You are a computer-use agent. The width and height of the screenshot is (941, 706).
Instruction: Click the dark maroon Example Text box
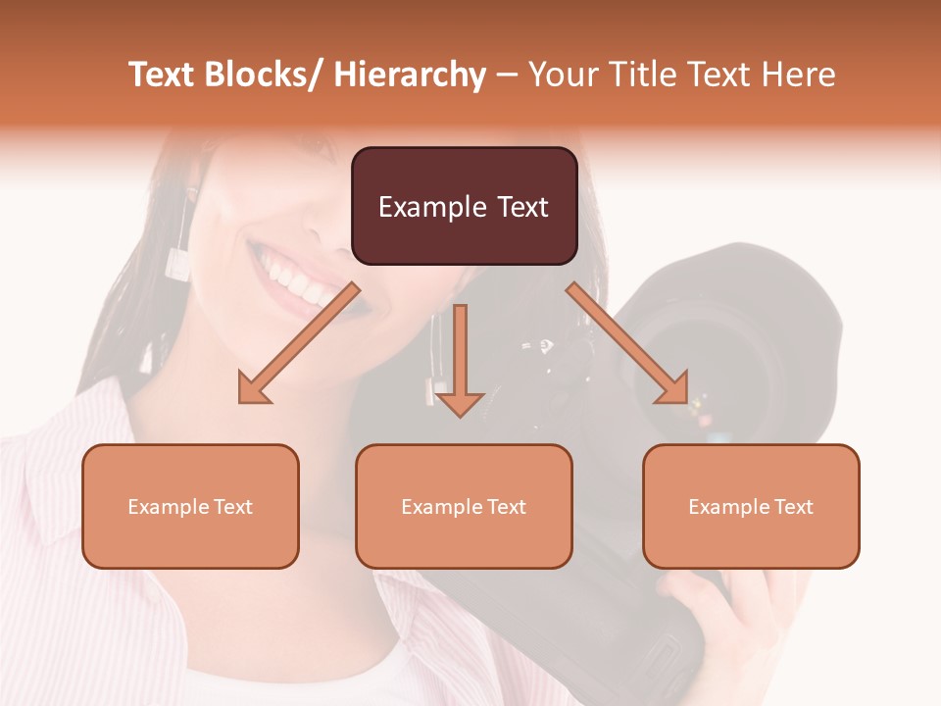pos(464,206)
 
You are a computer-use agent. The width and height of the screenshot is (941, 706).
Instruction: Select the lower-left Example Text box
pos(190,506)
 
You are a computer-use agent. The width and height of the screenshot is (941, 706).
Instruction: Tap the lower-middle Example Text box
pos(464,506)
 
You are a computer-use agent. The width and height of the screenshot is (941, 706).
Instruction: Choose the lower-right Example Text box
pos(751,506)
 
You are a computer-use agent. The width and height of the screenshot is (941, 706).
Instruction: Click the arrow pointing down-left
pos(298,343)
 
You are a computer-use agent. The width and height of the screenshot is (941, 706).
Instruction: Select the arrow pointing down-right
pos(628,343)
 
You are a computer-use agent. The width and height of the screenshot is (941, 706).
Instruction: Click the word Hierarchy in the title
pos(409,76)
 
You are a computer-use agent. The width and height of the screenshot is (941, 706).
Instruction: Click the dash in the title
pos(507,76)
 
